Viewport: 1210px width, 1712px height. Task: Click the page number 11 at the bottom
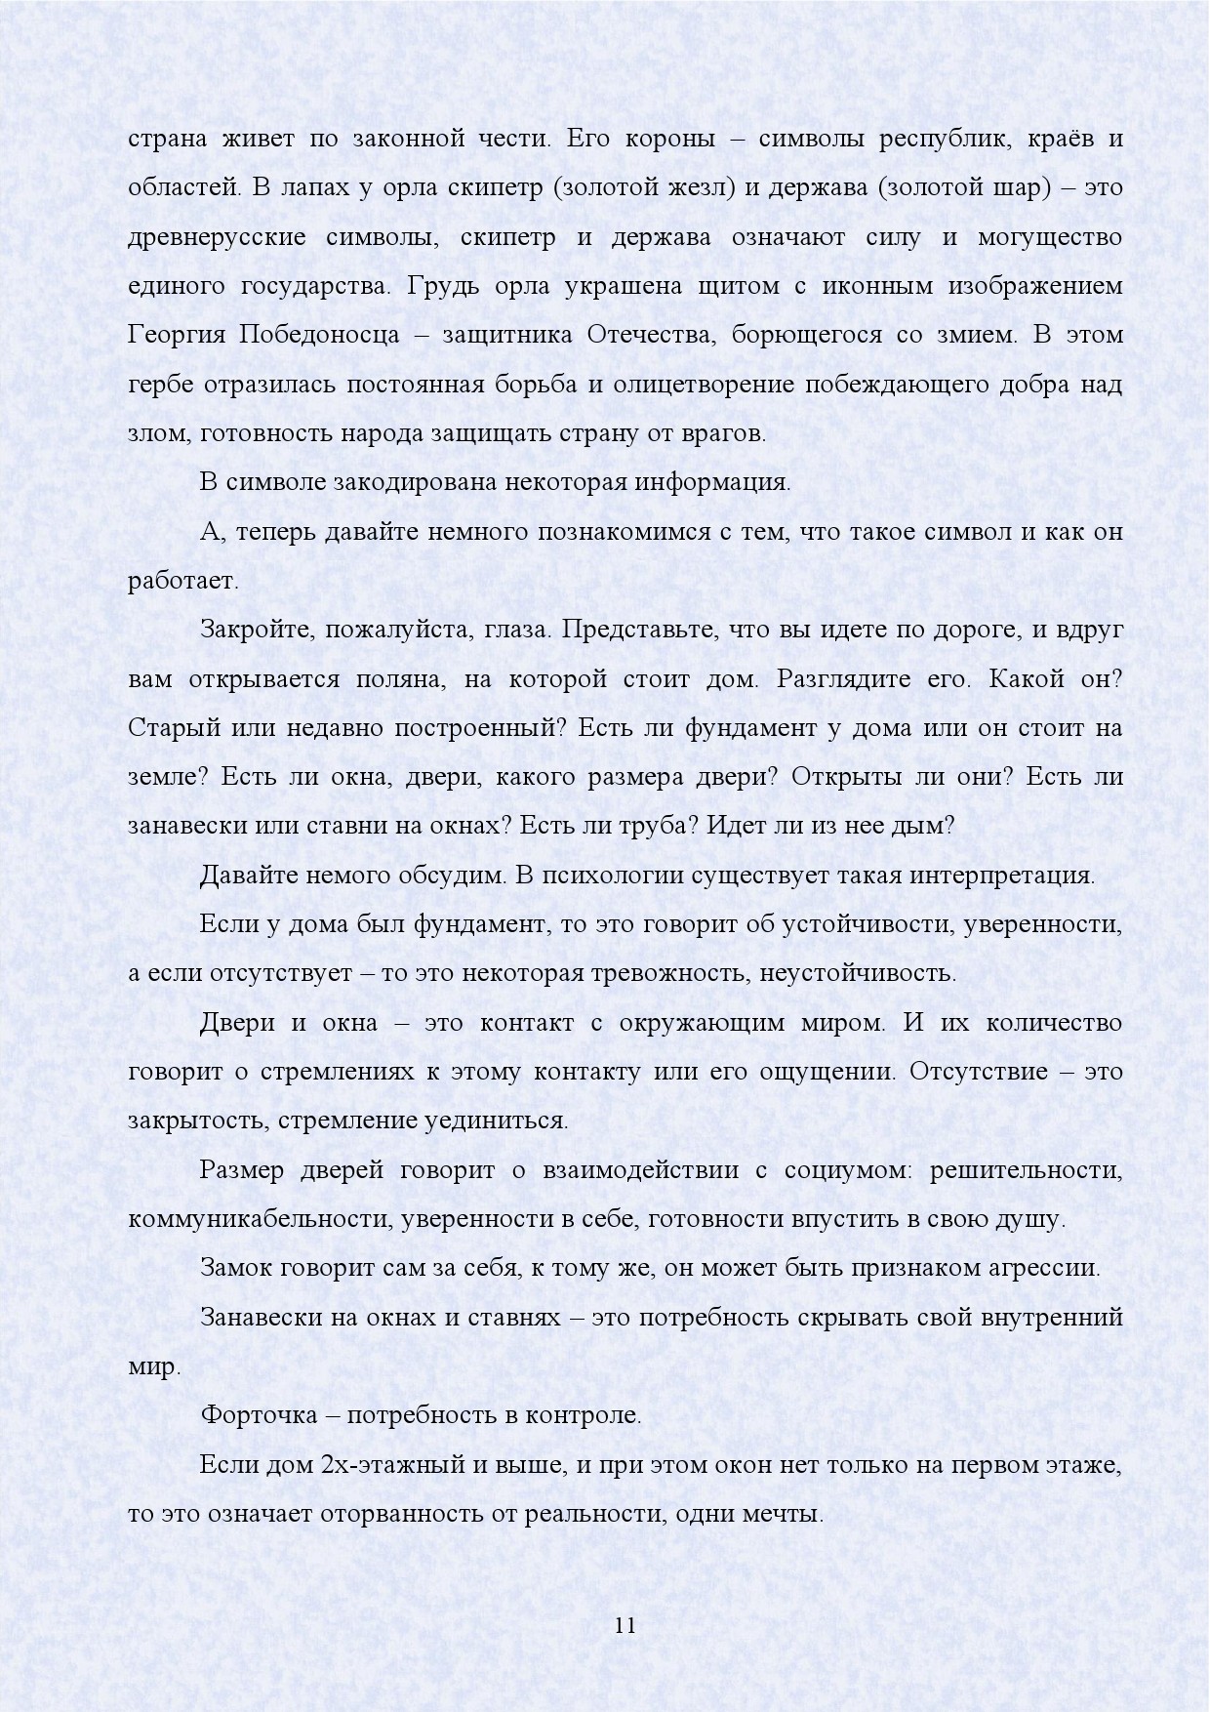tap(625, 1625)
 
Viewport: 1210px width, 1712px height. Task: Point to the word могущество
tap(1047, 238)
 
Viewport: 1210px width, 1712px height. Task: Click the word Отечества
tap(649, 336)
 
